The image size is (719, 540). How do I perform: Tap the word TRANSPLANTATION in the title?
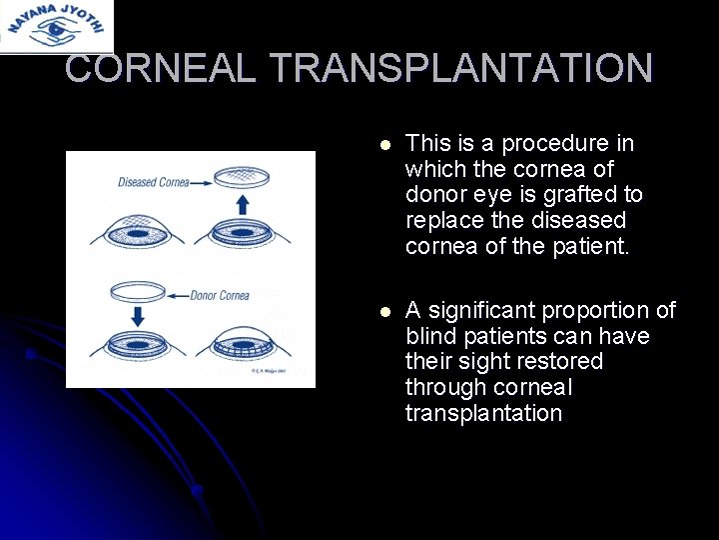(461, 68)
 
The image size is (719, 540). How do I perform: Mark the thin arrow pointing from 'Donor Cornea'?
(180, 296)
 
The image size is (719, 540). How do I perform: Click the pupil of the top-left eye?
(136, 236)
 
